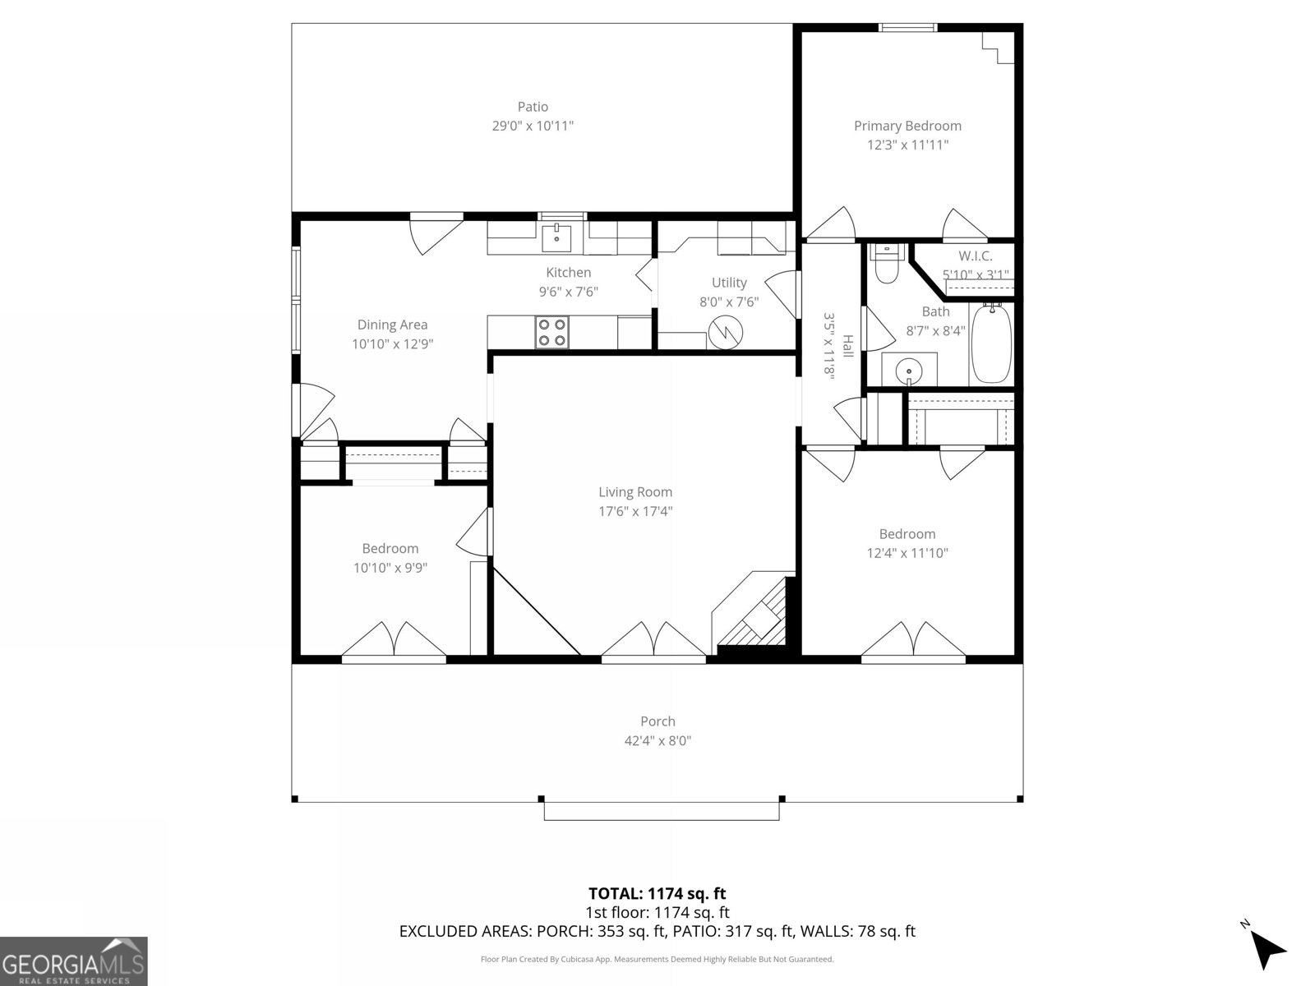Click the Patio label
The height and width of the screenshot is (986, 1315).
coord(533,107)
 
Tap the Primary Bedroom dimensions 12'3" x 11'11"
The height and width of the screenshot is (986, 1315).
coord(907,145)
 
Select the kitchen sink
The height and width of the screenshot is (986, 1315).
coord(557,238)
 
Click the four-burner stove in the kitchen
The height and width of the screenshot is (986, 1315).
coord(551,333)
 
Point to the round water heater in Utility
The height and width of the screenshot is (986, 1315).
coord(726,332)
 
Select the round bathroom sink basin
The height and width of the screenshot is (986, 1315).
coord(909,371)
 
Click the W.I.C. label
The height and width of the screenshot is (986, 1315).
coord(975,256)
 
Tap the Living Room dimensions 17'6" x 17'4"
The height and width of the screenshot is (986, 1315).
coord(635,511)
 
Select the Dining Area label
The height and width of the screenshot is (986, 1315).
coord(392,325)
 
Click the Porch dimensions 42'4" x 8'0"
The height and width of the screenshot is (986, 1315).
coord(657,740)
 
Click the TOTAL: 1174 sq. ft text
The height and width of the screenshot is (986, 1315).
coord(657,893)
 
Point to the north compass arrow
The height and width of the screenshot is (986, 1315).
coord(1268,950)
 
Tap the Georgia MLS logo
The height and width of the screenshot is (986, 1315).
coord(74,961)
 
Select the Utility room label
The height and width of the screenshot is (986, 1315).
coord(729,283)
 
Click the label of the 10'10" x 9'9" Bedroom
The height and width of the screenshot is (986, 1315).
coord(390,548)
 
